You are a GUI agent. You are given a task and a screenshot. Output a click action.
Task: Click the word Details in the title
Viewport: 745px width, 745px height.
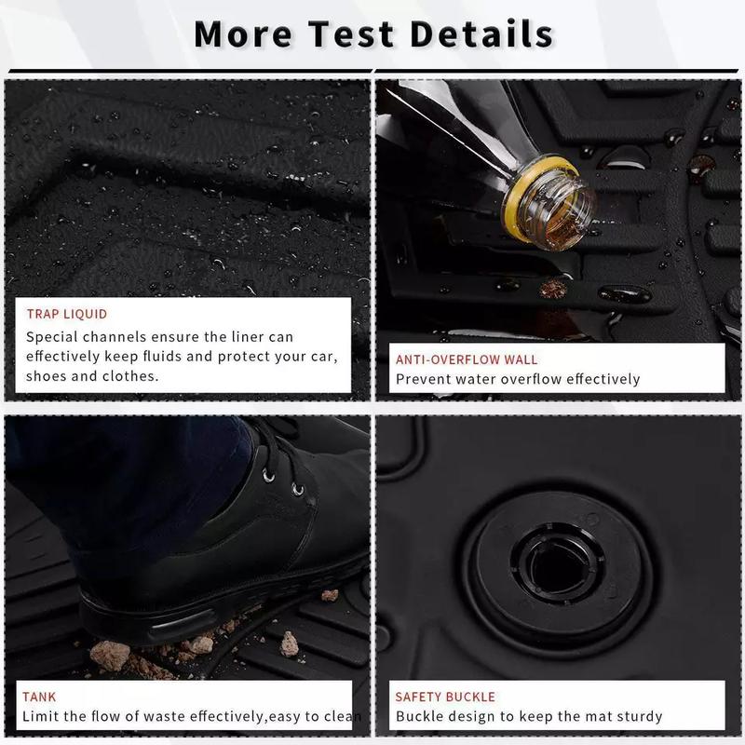pos(481,34)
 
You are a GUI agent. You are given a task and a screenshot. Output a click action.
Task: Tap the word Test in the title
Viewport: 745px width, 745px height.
pos(351,34)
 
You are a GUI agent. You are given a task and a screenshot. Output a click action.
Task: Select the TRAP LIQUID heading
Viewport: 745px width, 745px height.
pos(67,314)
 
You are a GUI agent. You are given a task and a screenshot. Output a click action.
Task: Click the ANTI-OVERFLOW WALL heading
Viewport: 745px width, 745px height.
pos(467,359)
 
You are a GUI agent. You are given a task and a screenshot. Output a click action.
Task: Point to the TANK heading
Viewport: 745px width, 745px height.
pos(39,697)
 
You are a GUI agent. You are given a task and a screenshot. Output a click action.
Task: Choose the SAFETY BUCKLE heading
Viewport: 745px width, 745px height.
pos(445,697)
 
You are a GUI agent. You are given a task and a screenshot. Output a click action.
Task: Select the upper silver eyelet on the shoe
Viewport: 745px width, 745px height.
pos(268,475)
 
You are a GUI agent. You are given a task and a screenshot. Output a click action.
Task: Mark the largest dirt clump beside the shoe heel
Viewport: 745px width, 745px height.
pos(110,656)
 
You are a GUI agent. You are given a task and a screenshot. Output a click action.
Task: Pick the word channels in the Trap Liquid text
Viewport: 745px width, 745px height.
pos(114,337)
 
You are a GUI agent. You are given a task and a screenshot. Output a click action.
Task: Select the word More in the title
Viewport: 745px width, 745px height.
pos(243,34)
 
